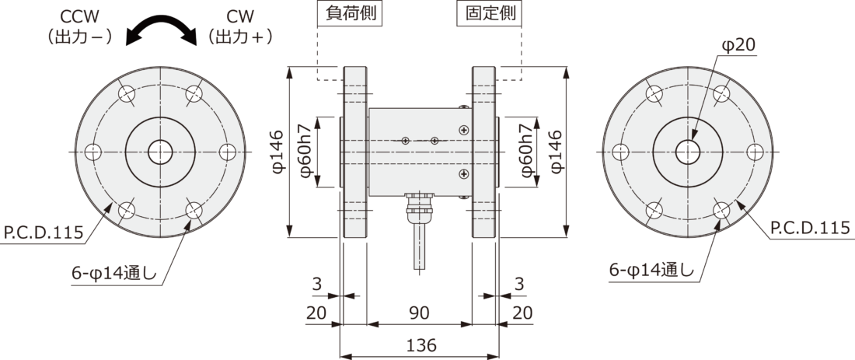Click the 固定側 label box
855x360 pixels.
[489, 14]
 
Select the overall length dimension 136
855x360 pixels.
[421, 344]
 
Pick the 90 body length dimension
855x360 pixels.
[421, 312]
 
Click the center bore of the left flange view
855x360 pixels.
[161, 151]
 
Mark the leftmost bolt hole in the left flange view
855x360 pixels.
[94, 151]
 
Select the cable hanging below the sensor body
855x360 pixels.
[421, 245]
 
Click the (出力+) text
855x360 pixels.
[239, 36]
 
